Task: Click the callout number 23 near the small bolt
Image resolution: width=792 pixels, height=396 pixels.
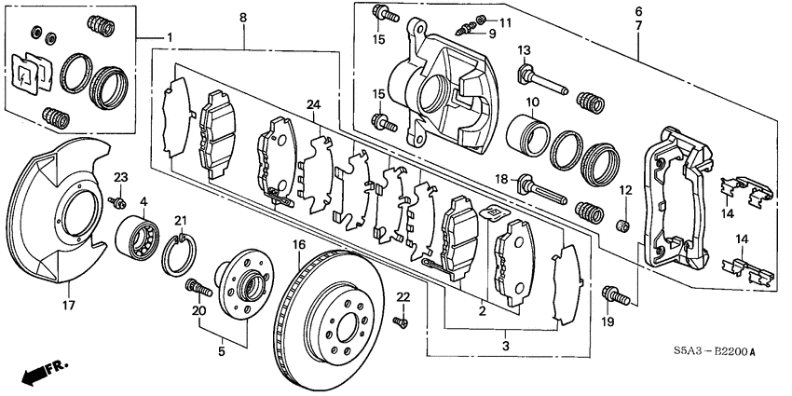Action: [120, 178]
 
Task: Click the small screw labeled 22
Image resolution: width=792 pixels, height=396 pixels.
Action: [400, 321]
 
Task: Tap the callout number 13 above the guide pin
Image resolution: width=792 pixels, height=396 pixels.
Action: [524, 49]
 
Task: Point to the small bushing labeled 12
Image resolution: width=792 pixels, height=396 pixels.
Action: [625, 225]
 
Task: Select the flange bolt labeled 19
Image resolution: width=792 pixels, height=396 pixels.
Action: [614, 294]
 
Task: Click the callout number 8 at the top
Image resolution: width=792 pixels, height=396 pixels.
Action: [243, 17]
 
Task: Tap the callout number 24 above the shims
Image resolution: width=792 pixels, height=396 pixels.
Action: [313, 104]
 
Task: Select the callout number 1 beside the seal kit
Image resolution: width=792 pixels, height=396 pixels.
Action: [170, 37]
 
